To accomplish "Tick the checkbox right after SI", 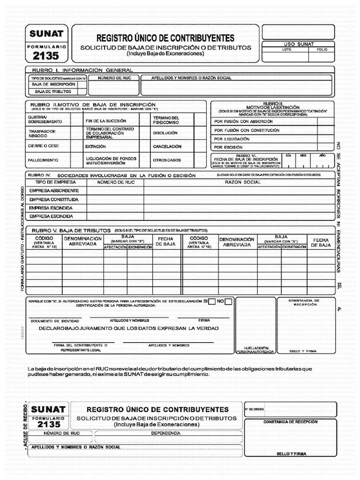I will coord(212,301).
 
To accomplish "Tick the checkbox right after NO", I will coord(228,301).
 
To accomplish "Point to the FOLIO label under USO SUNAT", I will coord(322,49).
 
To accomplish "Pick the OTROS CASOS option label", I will coord(166,160).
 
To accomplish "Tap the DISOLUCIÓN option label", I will coord(165,133).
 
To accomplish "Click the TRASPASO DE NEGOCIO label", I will coord(41,133).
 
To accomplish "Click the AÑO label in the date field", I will coord(322,155).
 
